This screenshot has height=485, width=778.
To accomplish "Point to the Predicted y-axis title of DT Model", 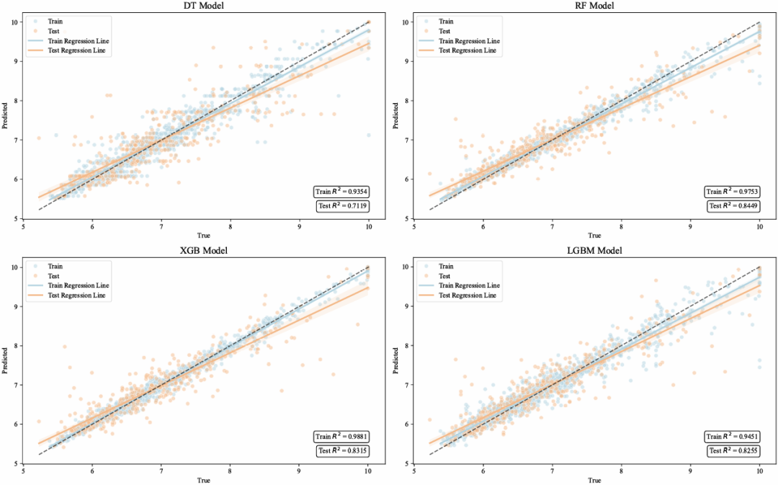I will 5,115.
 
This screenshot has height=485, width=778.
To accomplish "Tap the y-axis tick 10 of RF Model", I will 406,22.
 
